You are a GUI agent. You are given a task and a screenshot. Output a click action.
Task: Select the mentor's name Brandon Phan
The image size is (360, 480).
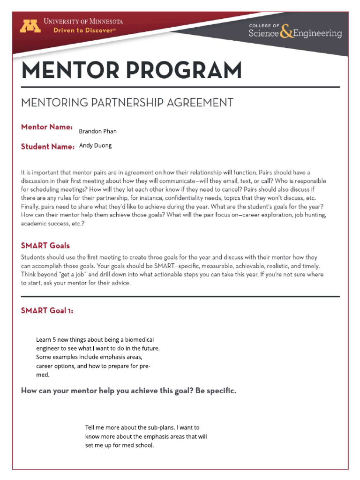point(97,131)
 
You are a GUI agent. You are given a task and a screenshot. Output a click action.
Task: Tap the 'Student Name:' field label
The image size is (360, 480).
point(48,147)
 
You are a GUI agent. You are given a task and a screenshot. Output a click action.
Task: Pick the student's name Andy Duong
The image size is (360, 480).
point(95,146)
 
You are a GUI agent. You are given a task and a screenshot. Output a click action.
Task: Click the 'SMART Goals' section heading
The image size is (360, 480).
point(45,245)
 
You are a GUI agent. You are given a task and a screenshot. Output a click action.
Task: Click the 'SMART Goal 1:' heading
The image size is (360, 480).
point(47,311)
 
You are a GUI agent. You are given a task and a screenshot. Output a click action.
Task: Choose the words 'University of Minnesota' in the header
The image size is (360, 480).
point(83,22)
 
